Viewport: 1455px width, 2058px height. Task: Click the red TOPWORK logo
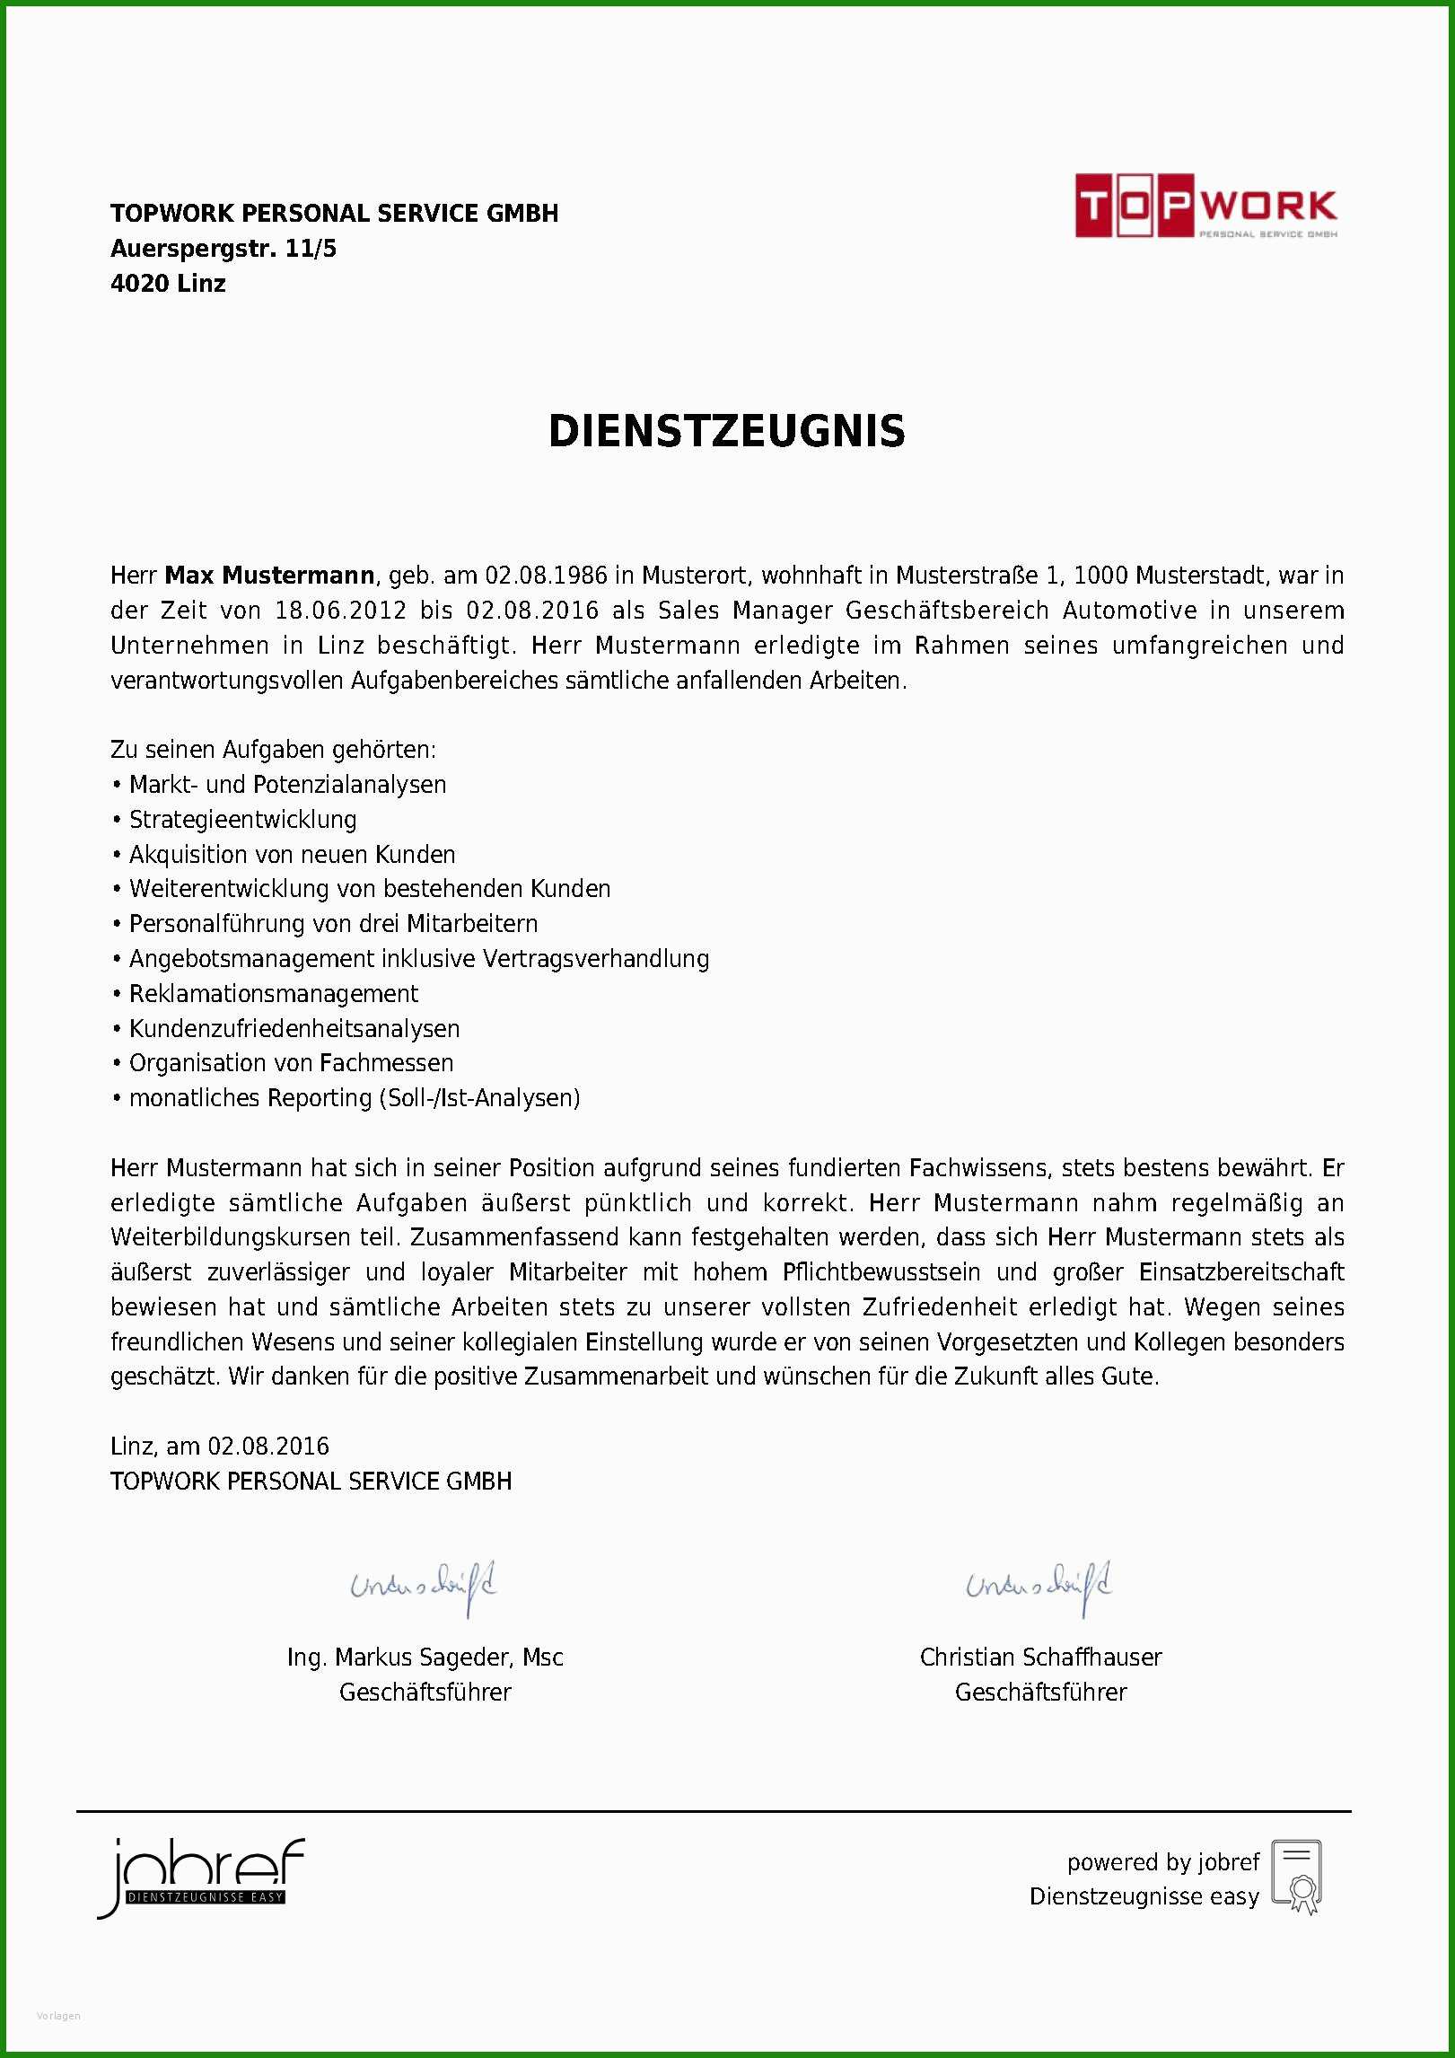tap(1205, 207)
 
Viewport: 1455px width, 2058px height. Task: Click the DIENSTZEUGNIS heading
tap(726, 432)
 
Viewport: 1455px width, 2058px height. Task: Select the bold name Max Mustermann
tap(269, 575)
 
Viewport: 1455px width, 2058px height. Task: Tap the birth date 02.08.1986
tap(546, 575)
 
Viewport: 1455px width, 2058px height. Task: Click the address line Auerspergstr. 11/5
tap(224, 249)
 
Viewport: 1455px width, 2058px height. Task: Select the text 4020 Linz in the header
tap(168, 284)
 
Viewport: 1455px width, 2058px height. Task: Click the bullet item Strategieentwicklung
tap(242, 820)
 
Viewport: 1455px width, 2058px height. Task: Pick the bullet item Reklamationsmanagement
tap(273, 994)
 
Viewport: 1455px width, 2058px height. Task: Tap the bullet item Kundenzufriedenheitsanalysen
tap(294, 1029)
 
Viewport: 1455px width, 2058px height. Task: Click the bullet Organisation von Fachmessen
tap(291, 1063)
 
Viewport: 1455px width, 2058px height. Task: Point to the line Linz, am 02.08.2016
tap(220, 1447)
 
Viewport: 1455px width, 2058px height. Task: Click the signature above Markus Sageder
tap(424, 1587)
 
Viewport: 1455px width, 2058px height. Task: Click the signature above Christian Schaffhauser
tap(1039, 1587)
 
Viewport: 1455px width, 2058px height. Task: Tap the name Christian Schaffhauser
tap(1040, 1658)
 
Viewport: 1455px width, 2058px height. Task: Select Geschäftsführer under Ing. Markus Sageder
tap(425, 1693)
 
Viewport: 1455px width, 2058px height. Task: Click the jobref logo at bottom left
tap(201, 1875)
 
